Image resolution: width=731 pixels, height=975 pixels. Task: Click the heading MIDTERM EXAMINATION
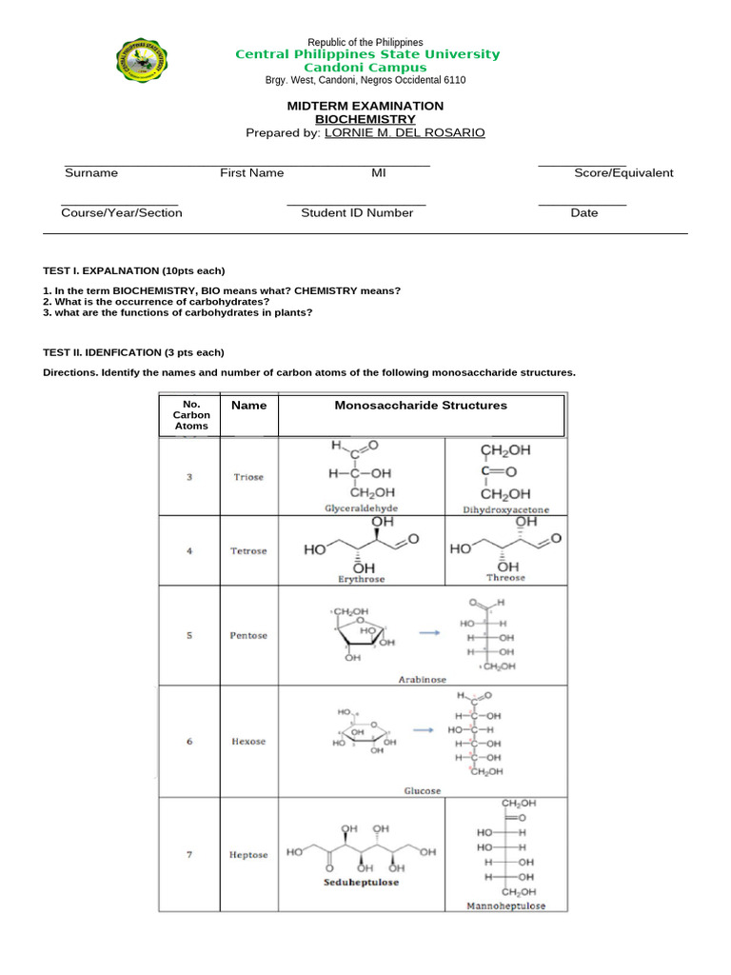click(365, 106)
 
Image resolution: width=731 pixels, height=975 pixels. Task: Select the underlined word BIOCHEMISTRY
click(365, 119)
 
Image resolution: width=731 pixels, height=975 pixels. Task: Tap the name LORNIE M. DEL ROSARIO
click(405, 133)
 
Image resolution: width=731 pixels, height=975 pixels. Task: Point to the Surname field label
click(91, 173)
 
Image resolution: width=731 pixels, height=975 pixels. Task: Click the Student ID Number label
click(357, 213)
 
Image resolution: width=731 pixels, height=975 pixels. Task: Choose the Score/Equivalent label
click(623, 173)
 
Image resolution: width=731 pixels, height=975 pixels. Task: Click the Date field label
click(584, 213)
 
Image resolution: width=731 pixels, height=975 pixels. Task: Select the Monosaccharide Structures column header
click(421, 406)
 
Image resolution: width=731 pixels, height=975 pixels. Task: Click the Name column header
click(249, 406)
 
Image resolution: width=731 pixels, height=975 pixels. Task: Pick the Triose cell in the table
click(249, 477)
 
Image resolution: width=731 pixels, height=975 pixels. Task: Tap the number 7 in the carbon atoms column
click(189, 855)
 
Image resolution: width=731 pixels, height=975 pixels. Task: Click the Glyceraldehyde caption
click(362, 508)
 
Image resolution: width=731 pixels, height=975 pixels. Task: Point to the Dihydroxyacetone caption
click(505, 509)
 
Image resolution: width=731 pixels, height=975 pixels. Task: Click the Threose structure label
click(505, 578)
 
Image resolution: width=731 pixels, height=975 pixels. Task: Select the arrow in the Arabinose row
click(429, 631)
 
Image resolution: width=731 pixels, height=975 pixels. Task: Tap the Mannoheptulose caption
click(505, 906)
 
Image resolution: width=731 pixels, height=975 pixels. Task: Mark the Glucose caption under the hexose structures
click(423, 791)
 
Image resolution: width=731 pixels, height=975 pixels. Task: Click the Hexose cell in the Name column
click(249, 741)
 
